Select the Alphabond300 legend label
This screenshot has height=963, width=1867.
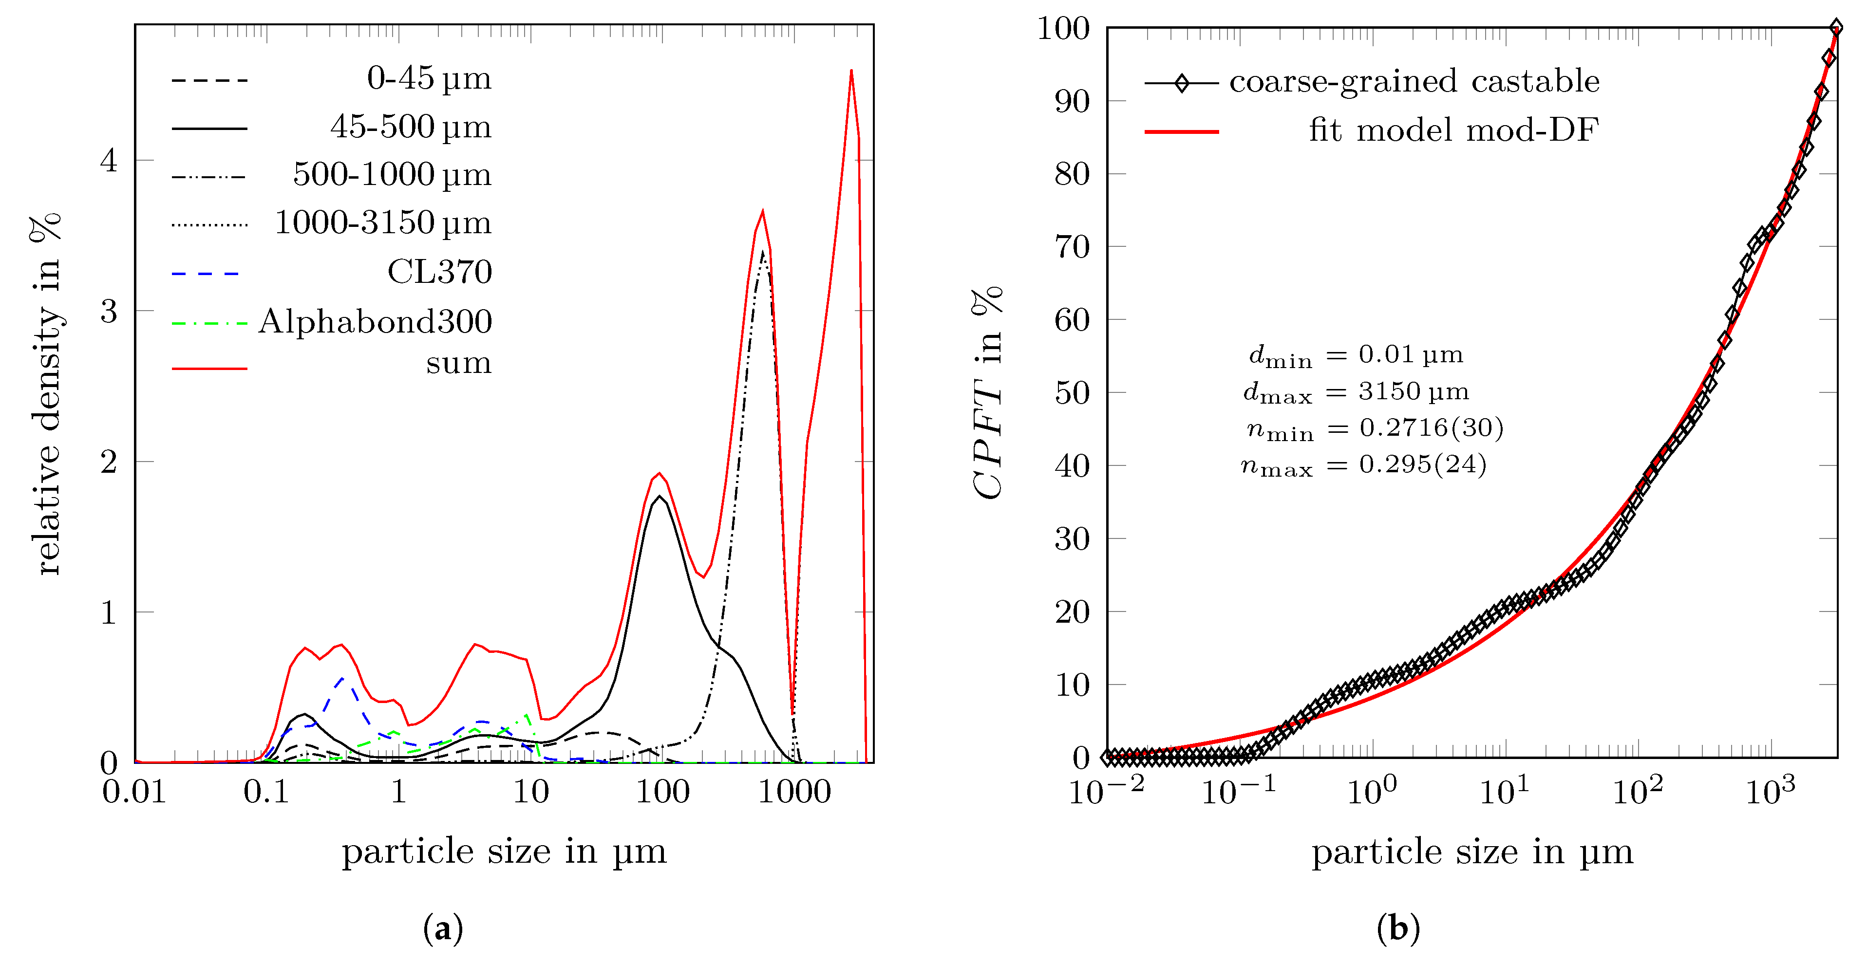click(375, 321)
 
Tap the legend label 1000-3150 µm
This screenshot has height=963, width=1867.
click(383, 223)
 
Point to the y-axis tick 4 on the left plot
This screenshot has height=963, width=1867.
click(109, 161)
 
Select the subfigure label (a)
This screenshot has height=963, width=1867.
click(442, 928)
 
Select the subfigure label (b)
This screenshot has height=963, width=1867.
click(1397, 928)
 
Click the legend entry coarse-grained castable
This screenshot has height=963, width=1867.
click(1414, 81)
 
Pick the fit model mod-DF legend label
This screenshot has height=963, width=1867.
click(1453, 130)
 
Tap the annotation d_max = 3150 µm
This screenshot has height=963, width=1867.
click(1355, 392)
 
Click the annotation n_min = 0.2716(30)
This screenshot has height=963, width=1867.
click(1374, 429)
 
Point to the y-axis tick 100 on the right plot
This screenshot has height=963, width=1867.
click(1063, 29)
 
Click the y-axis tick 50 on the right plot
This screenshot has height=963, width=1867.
click(1072, 393)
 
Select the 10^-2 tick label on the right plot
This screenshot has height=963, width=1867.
click(1106, 791)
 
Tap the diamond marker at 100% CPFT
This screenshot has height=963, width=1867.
click(1836, 28)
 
